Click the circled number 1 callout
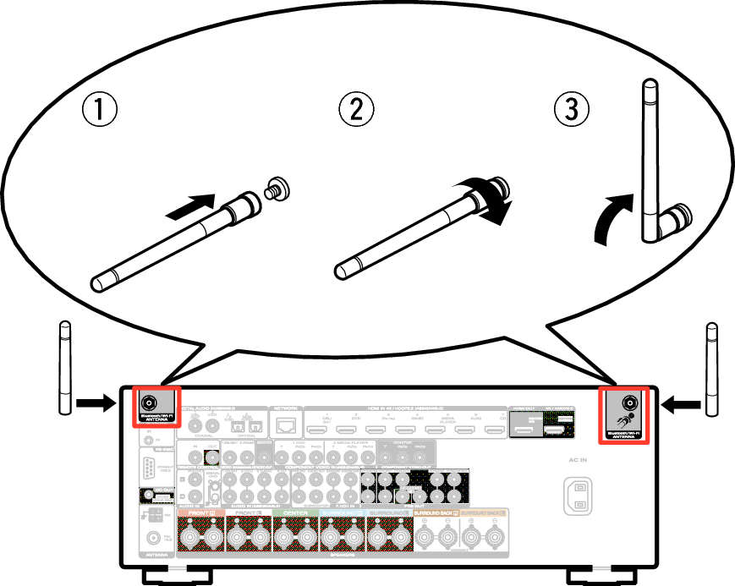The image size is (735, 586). (x=99, y=109)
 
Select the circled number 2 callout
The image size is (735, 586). (x=356, y=109)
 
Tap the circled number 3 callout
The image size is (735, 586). (x=572, y=109)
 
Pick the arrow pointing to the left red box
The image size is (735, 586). (x=94, y=404)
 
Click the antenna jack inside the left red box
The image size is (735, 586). (x=151, y=403)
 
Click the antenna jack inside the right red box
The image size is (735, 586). (x=628, y=403)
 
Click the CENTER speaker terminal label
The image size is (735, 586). (x=294, y=512)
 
